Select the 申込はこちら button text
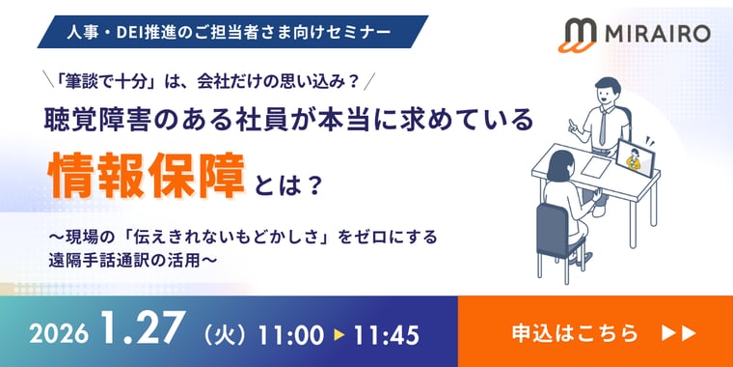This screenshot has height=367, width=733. tap(574, 333)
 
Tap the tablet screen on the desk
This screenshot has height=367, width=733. tap(637, 157)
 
